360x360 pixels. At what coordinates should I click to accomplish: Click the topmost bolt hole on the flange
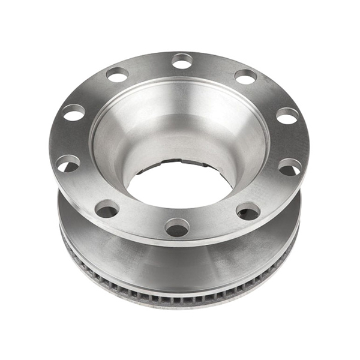click(182, 61)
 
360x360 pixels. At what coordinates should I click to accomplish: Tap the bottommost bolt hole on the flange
click(177, 227)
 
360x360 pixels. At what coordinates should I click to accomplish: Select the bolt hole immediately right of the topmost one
click(245, 76)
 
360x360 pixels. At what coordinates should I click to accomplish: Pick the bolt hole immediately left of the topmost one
click(117, 74)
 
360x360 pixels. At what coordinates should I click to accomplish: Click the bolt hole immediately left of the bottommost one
click(107, 209)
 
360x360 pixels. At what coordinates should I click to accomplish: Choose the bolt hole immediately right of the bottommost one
click(248, 211)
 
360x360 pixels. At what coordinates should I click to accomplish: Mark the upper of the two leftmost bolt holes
click(74, 112)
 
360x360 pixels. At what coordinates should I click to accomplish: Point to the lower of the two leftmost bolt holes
click(68, 163)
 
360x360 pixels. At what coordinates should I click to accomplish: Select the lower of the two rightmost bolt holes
click(290, 167)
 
